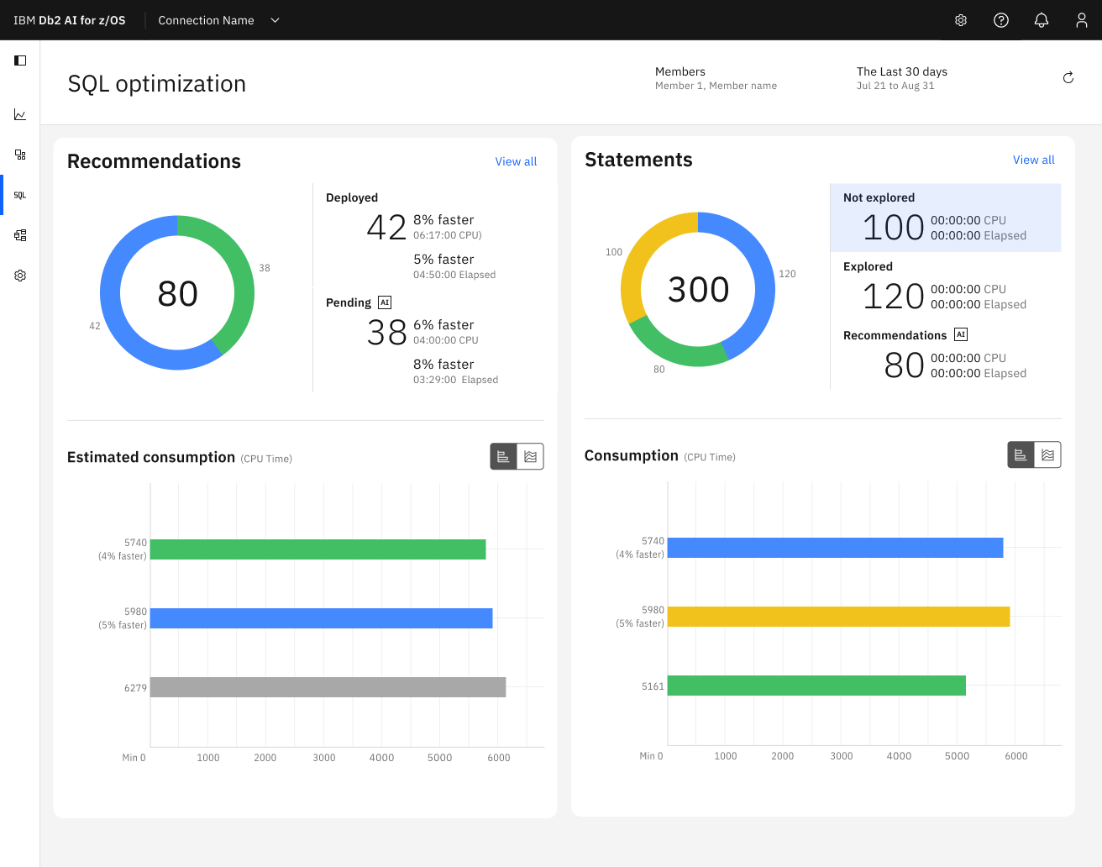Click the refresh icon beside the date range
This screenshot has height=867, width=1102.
[x=1068, y=78]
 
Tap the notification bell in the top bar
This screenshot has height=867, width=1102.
[x=1041, y=20]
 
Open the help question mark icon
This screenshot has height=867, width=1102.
[x=1000, y=20]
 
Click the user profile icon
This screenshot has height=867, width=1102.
[x=1081, y=20]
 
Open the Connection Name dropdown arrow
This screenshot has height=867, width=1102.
[x=275, y=20]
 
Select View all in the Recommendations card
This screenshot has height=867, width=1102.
[x=516, y=161]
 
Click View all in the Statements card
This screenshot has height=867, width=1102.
[x=1033, y=160]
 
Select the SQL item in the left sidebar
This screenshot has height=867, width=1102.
[x=20, y=195]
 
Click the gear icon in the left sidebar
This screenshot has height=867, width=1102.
[x=20, y=276]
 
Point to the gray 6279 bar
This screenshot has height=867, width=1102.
[x=328, y=687]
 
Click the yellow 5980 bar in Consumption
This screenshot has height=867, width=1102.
[x=838, y=617]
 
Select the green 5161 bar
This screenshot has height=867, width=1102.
[x=816, y=686]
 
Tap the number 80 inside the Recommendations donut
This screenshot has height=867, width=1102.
[x=177, y=294]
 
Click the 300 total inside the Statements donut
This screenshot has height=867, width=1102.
[x=698, y=290]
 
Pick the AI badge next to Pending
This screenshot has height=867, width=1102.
[x=385, y=302]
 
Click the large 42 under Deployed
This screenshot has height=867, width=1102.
[x=386, y=228]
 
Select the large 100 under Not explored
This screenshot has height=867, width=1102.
[x=893, y=228]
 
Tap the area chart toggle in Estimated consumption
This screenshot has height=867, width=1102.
[x=530, y=456]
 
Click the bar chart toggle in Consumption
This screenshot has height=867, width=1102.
[x=1021, y=455]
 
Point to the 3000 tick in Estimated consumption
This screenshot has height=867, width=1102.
[x=324, y=758]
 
